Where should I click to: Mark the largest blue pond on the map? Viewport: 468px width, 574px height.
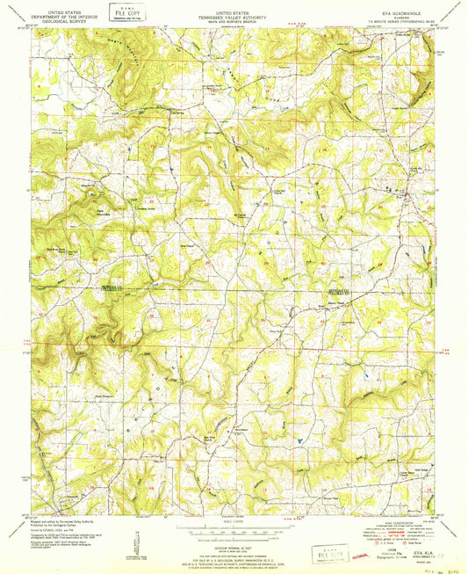pos(299,435)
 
